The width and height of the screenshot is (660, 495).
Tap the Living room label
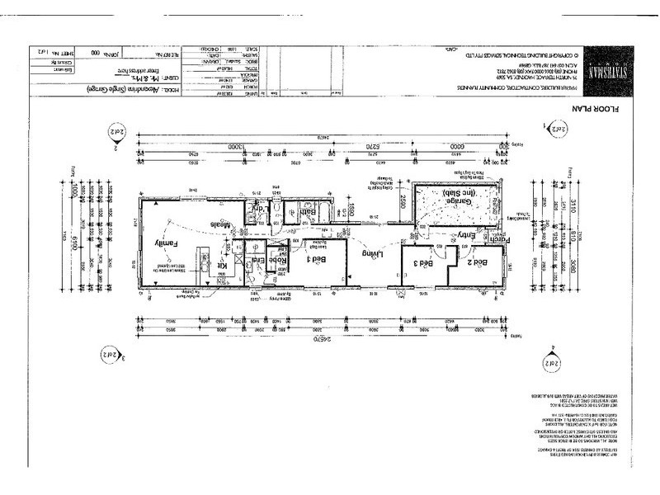pos(376,257)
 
